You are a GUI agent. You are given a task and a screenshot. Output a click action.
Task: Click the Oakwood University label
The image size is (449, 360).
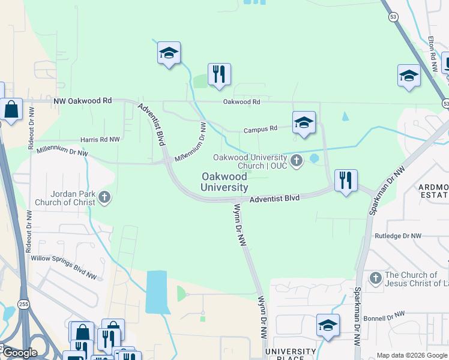click(224, 182)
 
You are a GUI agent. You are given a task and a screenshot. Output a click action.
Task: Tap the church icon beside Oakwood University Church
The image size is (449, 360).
click(296, 160)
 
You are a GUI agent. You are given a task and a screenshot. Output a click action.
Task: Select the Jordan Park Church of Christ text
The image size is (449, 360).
click(65, 198)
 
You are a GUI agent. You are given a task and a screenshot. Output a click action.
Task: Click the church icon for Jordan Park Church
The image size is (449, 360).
click(104, 197)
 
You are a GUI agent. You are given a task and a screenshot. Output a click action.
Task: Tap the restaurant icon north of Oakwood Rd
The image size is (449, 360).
click(219, 74)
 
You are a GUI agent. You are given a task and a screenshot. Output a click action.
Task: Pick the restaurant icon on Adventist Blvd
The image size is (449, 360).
click(346, 179)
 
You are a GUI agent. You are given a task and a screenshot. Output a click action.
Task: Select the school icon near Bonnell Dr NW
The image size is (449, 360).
click(328, 325)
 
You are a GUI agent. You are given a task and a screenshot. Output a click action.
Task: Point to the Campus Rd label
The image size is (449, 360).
click(261, 129)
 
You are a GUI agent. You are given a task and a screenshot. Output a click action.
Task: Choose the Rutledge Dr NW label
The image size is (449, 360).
click(399, 236)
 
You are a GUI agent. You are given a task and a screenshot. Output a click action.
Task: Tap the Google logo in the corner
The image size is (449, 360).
click(19, 353)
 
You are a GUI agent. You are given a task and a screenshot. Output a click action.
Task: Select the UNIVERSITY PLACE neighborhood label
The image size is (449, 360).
click(291, 355)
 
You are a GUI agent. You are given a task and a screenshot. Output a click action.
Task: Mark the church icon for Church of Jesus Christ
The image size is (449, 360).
click(376, 278)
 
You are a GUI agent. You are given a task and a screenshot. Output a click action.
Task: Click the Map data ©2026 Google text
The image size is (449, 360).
click(411, 355)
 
